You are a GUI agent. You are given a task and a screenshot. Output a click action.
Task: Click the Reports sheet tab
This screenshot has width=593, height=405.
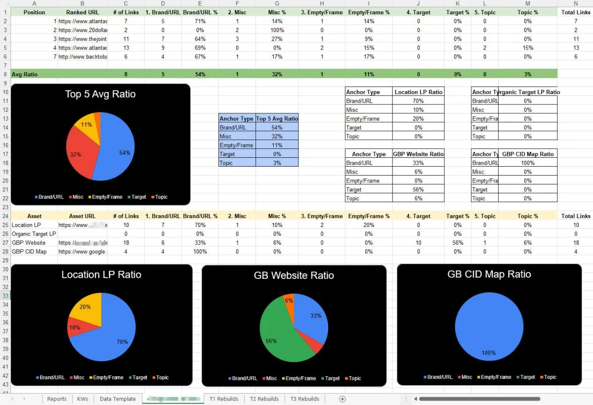57,399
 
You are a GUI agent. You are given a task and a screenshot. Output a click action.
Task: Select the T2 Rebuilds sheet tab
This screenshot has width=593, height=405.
264,399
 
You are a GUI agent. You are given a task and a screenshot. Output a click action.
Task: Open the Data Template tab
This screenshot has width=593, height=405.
118,399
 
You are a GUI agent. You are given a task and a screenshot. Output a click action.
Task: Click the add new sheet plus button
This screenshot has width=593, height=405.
342,399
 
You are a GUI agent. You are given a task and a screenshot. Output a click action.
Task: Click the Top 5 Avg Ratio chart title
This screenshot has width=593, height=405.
100,94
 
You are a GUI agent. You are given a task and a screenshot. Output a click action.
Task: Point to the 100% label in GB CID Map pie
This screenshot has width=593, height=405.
488,353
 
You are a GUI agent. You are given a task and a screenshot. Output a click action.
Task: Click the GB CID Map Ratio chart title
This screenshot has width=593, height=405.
489,274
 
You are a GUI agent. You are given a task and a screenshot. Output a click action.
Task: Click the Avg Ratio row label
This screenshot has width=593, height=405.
25,74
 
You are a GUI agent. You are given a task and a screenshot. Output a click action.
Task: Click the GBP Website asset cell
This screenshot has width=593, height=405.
29,243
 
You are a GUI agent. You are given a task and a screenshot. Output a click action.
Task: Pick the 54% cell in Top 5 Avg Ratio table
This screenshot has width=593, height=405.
277,128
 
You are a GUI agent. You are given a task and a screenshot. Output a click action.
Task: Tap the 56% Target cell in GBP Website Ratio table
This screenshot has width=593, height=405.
418,189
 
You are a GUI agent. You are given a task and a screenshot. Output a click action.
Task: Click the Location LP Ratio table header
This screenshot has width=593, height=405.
418,92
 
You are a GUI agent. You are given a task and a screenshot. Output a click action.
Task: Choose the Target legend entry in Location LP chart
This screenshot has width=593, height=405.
137,378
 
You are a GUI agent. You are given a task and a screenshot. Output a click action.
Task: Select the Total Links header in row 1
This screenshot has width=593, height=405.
576,12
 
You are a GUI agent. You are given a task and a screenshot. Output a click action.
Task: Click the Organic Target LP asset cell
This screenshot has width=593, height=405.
34,234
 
